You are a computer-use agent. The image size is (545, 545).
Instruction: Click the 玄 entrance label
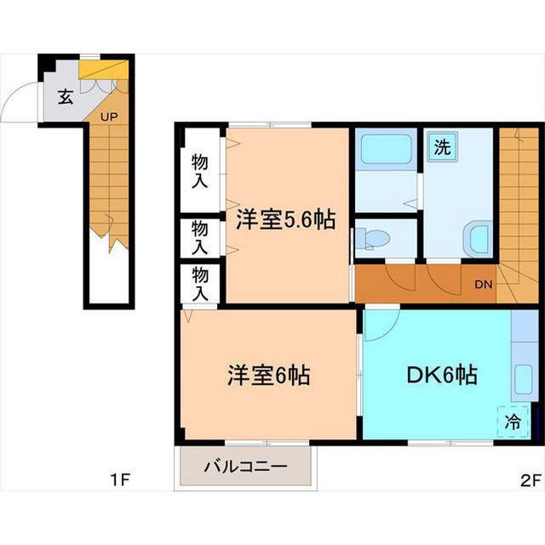[x=66, y=97]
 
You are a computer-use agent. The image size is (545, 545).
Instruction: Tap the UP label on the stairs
[x=109, y=117]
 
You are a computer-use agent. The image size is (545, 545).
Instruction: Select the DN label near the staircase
[x=484, y=284]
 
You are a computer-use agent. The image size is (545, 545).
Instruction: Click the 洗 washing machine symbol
[x=443, y=146]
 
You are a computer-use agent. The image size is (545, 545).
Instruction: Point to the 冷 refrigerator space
[x=513, y=422]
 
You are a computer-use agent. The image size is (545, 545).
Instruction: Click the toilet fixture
[x=373, y=238]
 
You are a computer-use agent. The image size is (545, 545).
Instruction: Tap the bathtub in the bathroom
[x=386, y=150]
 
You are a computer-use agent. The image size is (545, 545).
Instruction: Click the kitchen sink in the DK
[x=524, y=380]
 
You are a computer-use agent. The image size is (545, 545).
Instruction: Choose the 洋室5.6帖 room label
[x=286, y=220]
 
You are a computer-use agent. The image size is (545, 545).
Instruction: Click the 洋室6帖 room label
[x=269, y=375]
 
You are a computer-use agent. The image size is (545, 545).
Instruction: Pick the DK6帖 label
[x=442, y=375]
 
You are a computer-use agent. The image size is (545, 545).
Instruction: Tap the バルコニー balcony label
[x=246, y=466]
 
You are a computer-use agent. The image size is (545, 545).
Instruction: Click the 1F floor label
[x=119, y=480]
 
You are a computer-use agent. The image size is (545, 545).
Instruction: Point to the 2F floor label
[x=531, y=480]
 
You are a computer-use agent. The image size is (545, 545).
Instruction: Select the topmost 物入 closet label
[x=200, y=171]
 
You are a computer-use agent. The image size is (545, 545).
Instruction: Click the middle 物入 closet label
[x=200, y=238]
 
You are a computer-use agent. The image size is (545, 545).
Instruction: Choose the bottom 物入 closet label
[x=200, y=284]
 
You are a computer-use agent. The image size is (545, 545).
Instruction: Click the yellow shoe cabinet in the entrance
[x=103, y=70]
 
